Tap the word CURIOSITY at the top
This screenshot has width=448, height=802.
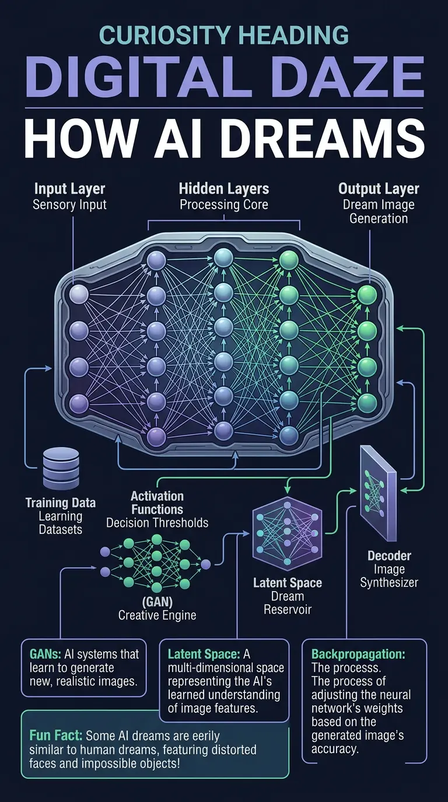[x=162, y=36]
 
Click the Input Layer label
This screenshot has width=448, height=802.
[x=70, y=189]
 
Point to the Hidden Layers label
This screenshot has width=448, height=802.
[x=224, y=189]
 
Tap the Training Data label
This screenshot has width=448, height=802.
[x=61, y=502]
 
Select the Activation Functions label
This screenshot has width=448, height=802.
[x=157, y=503]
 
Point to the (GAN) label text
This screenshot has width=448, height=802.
[x=156, y=601]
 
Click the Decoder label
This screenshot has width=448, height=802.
[x=389, y=555]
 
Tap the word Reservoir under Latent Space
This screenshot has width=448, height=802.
[x=287, y=610]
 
